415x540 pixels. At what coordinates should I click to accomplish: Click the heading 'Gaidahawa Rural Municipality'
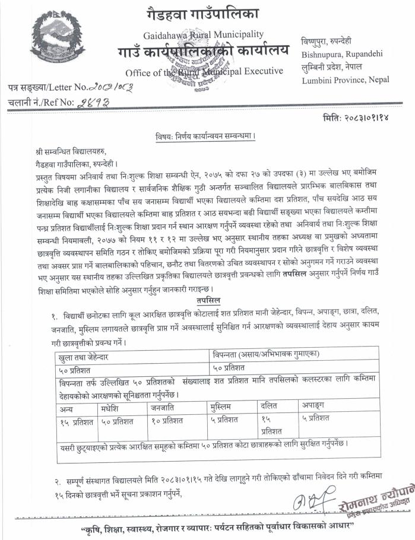coord(203,34)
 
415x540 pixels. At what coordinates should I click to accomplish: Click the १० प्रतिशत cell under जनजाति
coord(172,421)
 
